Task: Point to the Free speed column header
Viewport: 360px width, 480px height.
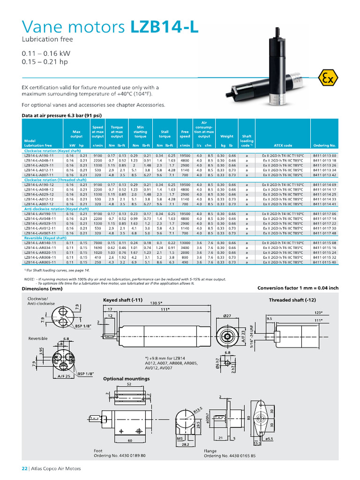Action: click(x=185, y=134)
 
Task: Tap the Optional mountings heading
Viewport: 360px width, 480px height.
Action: click(x=127, y=378)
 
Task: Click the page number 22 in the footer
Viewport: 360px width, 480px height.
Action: click(x=25, y=469)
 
